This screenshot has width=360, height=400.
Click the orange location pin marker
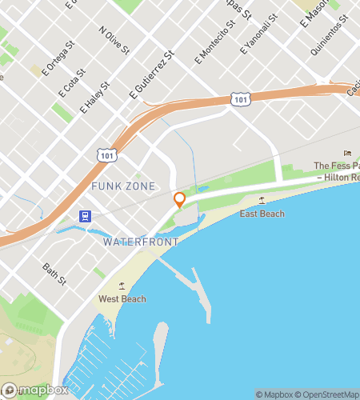coord(179,200)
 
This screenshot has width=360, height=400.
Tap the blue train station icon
coord(84,215)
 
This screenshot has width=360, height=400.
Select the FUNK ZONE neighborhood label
coord(119,186)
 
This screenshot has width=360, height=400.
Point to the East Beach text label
coord(262,214)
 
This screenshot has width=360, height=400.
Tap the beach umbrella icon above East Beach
coord(262,200)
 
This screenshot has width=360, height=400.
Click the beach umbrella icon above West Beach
coord(122,286)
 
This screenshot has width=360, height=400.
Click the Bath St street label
coord(54,273)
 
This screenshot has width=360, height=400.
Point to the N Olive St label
coord(114,42)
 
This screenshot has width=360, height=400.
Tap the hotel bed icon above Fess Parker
coord(347,154)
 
